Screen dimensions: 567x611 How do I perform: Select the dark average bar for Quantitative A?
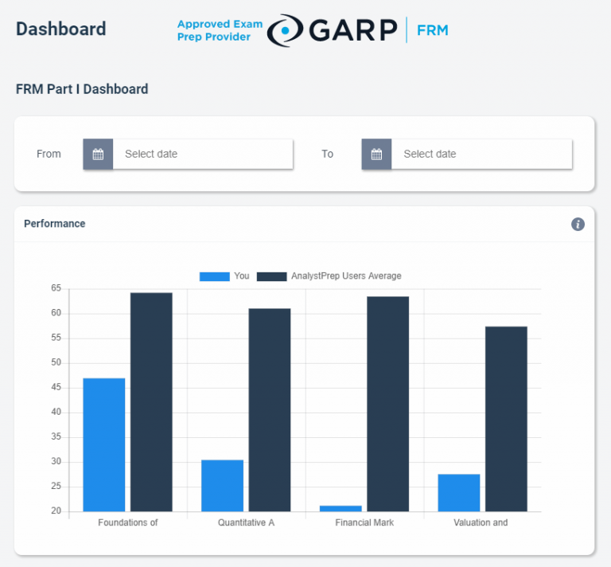(x=270, y=409)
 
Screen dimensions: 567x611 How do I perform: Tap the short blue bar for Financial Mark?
(x=341, y=508)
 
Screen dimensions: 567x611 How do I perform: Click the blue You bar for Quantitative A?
(x=222, y=485)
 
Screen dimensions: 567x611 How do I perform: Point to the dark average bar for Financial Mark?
(x=387, y=404)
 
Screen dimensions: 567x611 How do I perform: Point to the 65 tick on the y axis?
(x=56, y=288)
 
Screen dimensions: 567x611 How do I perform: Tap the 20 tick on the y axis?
(x=56, y=511)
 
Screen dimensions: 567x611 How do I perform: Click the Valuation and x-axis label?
(x=481, y=522)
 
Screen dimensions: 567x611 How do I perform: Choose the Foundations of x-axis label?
(x=128, y=522)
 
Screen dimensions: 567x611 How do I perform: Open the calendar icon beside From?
(x=98, y=154)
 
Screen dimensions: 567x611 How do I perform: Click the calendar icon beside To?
(x=376, y=154)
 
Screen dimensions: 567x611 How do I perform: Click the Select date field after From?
(x=203, y=154)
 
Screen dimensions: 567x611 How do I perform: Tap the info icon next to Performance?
(x=578, y=224)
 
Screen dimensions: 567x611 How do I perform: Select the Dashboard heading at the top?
(x=60, y=29)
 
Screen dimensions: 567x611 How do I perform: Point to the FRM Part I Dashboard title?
(x=82, y=89)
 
